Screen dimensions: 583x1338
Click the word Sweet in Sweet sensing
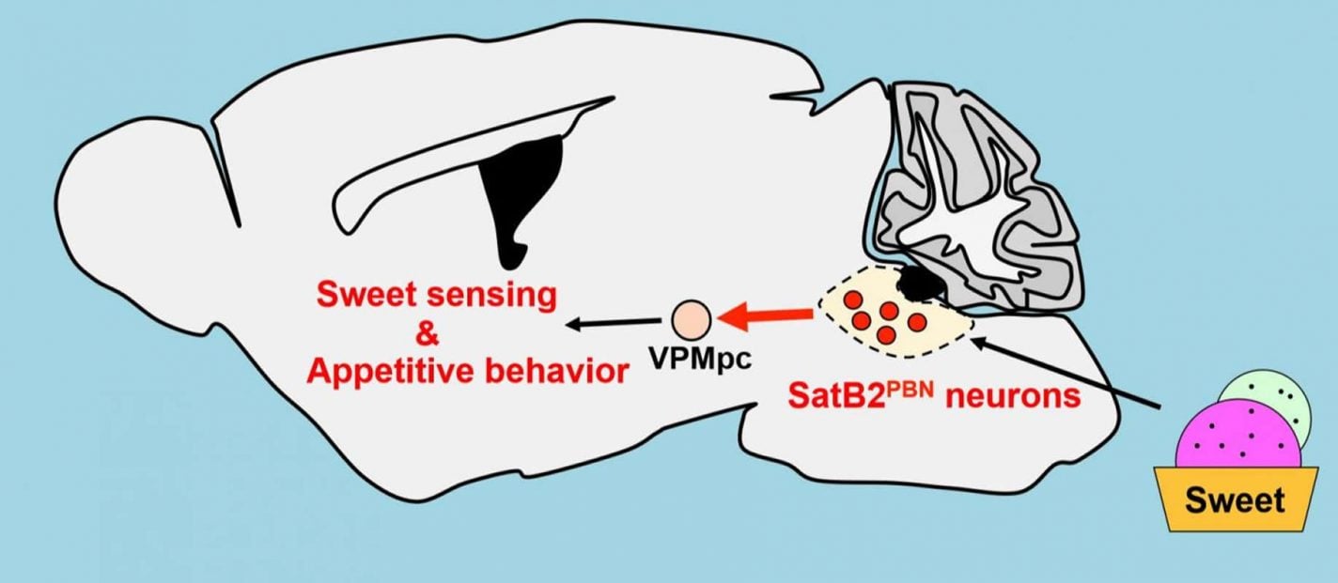362,296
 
